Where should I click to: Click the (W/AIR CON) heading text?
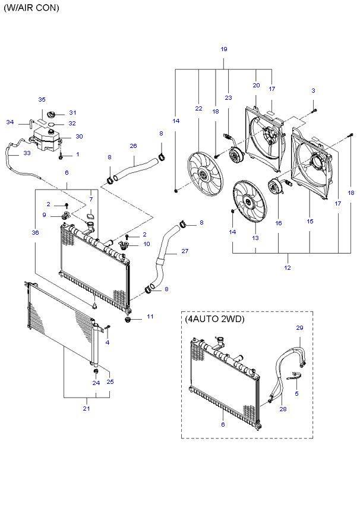31,8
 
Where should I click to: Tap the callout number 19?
224,49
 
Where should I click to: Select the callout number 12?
288,268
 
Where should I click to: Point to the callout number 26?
133,146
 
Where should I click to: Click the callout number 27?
185,251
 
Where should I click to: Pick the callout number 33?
27,153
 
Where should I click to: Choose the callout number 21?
86,408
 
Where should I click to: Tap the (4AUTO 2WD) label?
215,319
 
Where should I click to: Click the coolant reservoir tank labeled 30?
46,138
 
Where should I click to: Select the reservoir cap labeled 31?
51,115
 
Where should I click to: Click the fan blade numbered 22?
205,174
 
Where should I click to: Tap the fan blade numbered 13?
250,202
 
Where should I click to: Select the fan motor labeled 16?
274,185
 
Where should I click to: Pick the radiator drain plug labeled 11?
128,320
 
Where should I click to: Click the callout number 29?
300,328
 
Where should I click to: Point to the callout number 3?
313,91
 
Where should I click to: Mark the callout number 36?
36,233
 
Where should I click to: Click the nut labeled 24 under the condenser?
96,371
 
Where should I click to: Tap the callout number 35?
42,100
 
